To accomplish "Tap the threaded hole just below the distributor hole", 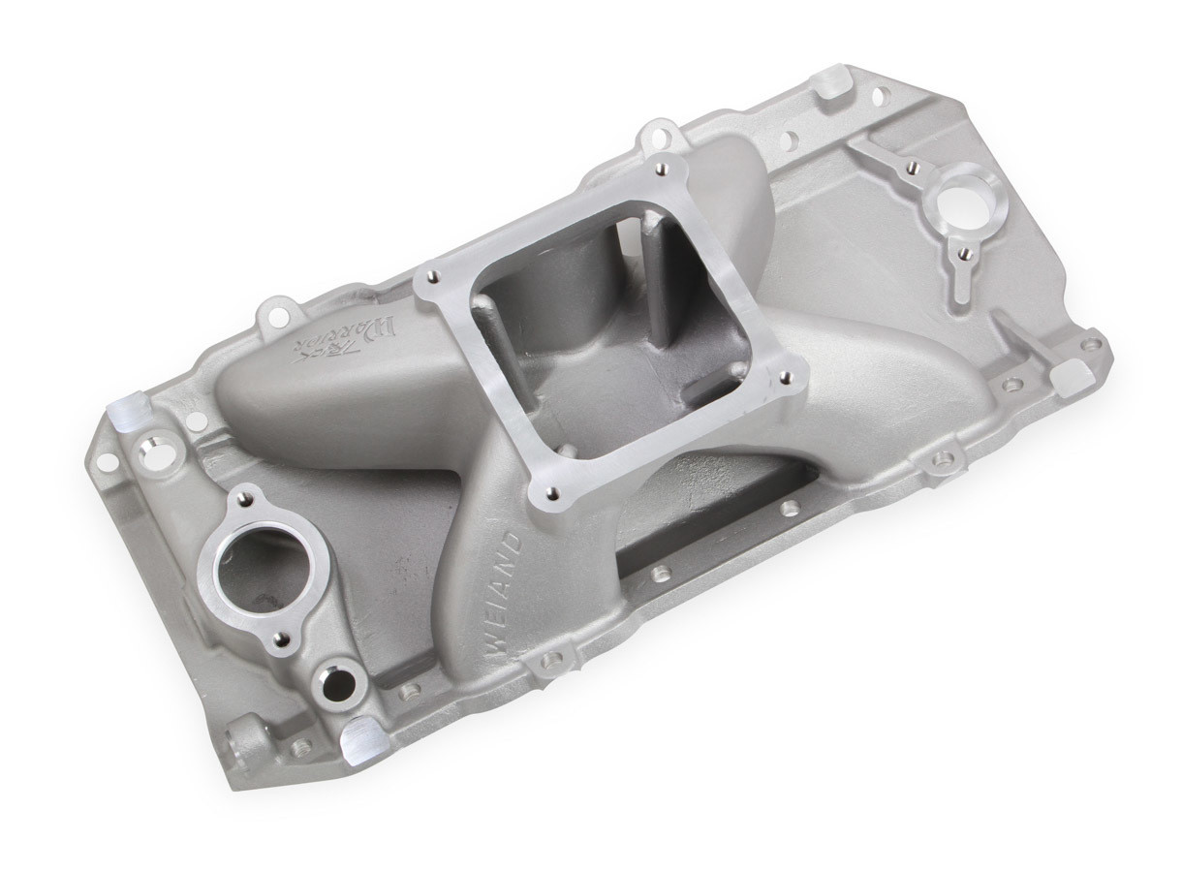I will tap(964, 254).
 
